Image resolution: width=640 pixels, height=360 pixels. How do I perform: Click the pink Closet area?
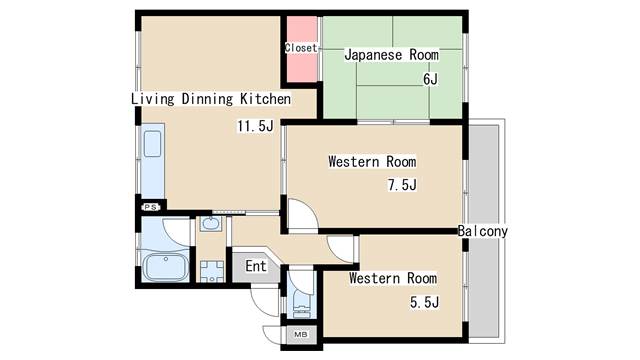click(302, 49)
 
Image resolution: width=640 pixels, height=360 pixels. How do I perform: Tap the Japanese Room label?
click(391, 55)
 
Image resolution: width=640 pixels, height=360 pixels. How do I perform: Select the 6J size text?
click(430, 79)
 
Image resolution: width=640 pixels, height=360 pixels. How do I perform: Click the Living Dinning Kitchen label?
click(211, 99)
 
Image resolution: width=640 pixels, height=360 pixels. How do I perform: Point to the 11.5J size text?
click(256, 126)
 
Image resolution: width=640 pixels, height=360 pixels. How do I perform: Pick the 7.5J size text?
click(402, 185)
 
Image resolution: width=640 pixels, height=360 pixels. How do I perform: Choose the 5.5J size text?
click(424, 302)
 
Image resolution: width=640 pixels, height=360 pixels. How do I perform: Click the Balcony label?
click(482, 231)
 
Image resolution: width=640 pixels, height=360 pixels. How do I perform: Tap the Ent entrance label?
click(256, 266)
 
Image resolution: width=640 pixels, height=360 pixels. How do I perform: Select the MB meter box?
click(301, 335)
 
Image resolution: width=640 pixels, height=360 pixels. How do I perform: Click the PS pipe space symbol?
click(151, 207)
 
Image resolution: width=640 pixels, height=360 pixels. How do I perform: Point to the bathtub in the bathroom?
click(165, 267)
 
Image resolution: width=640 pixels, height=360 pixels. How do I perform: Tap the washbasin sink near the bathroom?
click(211, 223)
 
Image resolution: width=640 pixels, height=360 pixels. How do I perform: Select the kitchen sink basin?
click(152, 144)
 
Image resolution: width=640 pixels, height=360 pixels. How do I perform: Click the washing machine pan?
click(212, 271)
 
